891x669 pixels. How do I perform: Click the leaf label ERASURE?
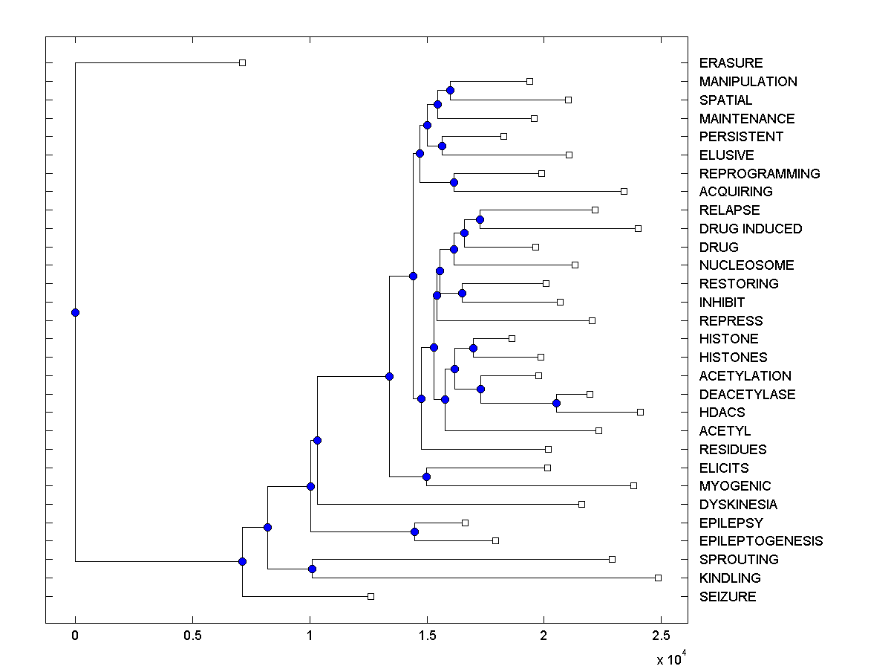[x=731, y=63]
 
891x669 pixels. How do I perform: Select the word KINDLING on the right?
[x=730, y=578]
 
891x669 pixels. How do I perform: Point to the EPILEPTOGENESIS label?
[x=761, y=541]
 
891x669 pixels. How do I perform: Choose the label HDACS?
[x=722, y=413]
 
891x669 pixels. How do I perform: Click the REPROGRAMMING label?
[x=760, y=174]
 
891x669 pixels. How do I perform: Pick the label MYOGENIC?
[x=735, y=486]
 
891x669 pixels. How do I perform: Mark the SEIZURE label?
[x=728, y=597]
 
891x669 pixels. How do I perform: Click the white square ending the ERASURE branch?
[x=242, y=62]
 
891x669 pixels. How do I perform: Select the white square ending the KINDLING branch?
[x=658, y=578]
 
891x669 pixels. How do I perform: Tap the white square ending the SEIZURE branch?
[x=371, y=596]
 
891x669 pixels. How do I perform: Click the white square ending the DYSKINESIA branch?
[x=581, y=504]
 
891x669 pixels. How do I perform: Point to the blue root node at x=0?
[x=75, y=312]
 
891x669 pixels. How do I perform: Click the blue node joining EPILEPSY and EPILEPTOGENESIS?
[x=414, y=531]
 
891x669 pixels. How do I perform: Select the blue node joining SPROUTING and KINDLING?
[x=312, y=569]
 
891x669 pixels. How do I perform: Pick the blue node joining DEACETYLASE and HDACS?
[x=556, y=403]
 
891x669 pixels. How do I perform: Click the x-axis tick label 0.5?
[x=192, y=636]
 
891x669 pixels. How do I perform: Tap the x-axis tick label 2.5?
[x=661, y=636]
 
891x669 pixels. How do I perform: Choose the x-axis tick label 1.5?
[x=426, y=636]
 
